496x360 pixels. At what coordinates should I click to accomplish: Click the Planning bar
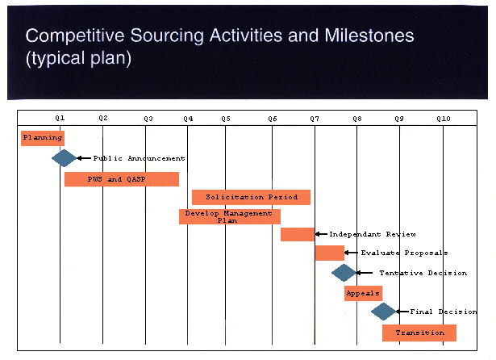tap(43, 138)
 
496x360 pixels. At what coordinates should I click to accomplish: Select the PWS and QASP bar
tap(122, 179)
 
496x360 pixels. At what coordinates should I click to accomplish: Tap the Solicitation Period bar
tap(251, 197)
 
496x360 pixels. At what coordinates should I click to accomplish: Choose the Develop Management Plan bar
tap(230, 217)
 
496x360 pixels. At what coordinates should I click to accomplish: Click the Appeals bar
tap(363, 293)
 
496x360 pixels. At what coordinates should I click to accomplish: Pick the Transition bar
tap(419, 333)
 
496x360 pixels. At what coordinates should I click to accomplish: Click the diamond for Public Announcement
tap(65, 158)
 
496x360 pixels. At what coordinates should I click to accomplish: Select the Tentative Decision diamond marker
tap(344, 273)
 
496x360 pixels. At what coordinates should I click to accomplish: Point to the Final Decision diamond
tap(383, 312)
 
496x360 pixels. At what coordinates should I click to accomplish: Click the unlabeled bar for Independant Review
tap(298, 234)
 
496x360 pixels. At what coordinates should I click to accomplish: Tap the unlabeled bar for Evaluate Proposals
tap(330, 253)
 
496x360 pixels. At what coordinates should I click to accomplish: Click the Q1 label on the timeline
tap(60, 119)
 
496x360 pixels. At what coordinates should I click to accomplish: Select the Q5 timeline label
tap(226, 119)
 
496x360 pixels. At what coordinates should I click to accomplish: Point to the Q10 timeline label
tap(443, 119)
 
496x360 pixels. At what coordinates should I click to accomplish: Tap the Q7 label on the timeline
tap(315, 119)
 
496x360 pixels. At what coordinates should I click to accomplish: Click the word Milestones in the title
tap(369, 36)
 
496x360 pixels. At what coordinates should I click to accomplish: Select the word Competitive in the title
tap(75, 36)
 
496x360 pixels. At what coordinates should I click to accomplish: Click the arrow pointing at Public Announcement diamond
tap(84, 158)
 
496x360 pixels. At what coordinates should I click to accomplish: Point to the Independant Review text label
tap(373, 234)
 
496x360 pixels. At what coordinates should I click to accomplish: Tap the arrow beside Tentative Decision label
tap(365, 273)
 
